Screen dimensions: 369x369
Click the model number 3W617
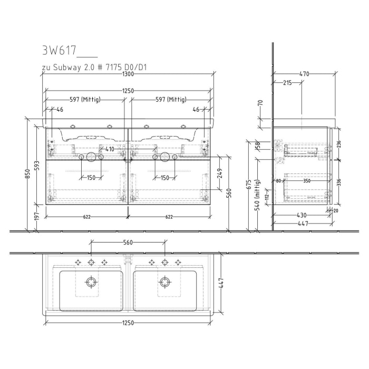[x=59, y=51]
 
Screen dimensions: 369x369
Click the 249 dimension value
[x=220, y=172]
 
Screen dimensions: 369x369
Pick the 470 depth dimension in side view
[x=304, y=74]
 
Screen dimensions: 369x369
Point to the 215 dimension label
[x=288, y=83]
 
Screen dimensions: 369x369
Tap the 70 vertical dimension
[x=260, y=103]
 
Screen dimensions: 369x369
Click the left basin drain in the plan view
[x=92, y=281]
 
